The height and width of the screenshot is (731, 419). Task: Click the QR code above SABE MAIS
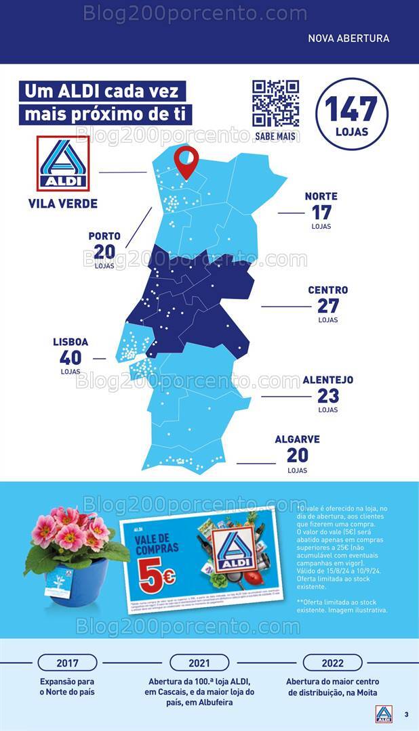tap(276, 104)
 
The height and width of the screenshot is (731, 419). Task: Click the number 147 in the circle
tap(351, 109)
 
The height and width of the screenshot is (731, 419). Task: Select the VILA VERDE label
tap(63, 204)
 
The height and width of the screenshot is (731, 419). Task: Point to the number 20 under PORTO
tap(104, 252)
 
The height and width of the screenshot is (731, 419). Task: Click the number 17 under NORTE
tap(321, 212)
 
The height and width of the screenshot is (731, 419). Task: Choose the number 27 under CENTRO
tap(327, 305)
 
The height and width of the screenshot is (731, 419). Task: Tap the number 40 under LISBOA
tap(71, 357)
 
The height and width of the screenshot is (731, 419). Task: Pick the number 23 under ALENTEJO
tap(328, 395)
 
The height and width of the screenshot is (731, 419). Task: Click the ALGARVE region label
tap(297, 439)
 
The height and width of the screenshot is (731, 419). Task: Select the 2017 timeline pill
tap(67, 663)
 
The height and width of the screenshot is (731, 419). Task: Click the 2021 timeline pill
tap(199, 663)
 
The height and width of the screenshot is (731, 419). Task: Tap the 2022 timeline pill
tap(332, 663)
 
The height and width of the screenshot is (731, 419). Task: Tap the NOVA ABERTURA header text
tap(348, 39)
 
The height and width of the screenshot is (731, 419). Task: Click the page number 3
tap(406, 715)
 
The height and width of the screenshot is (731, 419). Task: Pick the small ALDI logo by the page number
tap(384, 714)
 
